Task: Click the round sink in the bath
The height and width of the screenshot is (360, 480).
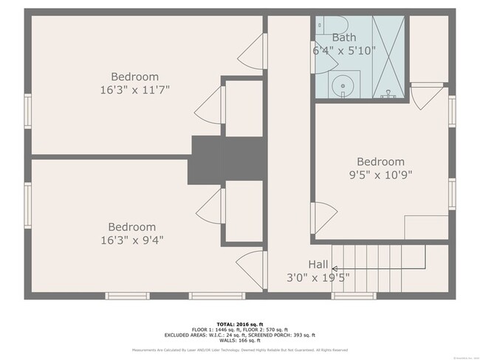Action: pyautogui.click(x=342, y=85)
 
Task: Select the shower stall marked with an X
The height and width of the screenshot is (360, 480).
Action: pyautogui.click(x=388, y=56)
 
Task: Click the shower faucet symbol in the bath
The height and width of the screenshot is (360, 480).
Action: pyautogui.click(x=388, y=94)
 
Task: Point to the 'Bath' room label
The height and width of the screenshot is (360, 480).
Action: pyautogui.click(x=343, y=38)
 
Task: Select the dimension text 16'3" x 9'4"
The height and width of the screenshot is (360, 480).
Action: pyautogui.click(x=132, y=240)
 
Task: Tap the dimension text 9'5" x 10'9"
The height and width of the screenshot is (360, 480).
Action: pyautogui.click(x=380, y=175)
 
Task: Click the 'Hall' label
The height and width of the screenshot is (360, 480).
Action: pyautogui.click(x=318, y=263)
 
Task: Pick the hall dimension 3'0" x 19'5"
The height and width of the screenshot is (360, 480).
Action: pyautogui.click(x=318, y=277)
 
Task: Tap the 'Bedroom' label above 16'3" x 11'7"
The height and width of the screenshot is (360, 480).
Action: pyautogui.click(x=134, y=77)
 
